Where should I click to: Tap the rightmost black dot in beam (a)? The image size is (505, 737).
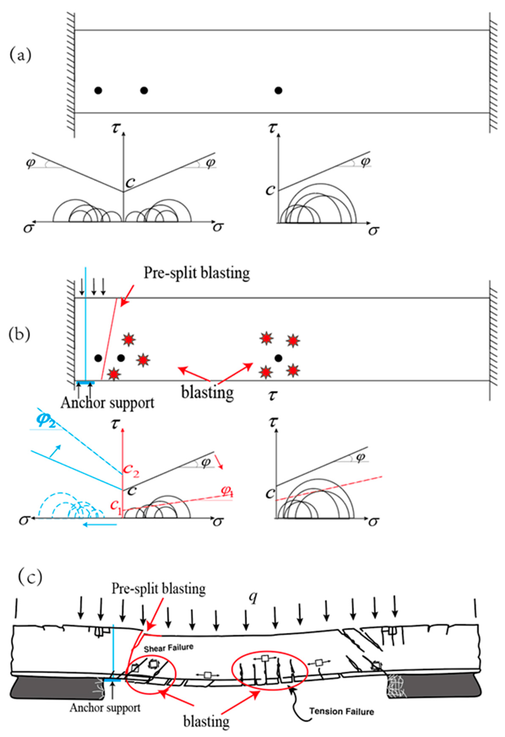278,90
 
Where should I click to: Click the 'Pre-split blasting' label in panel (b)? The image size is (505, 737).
197,273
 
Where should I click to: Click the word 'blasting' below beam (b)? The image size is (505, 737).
207,393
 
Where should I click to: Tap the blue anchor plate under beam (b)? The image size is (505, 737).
84,383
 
